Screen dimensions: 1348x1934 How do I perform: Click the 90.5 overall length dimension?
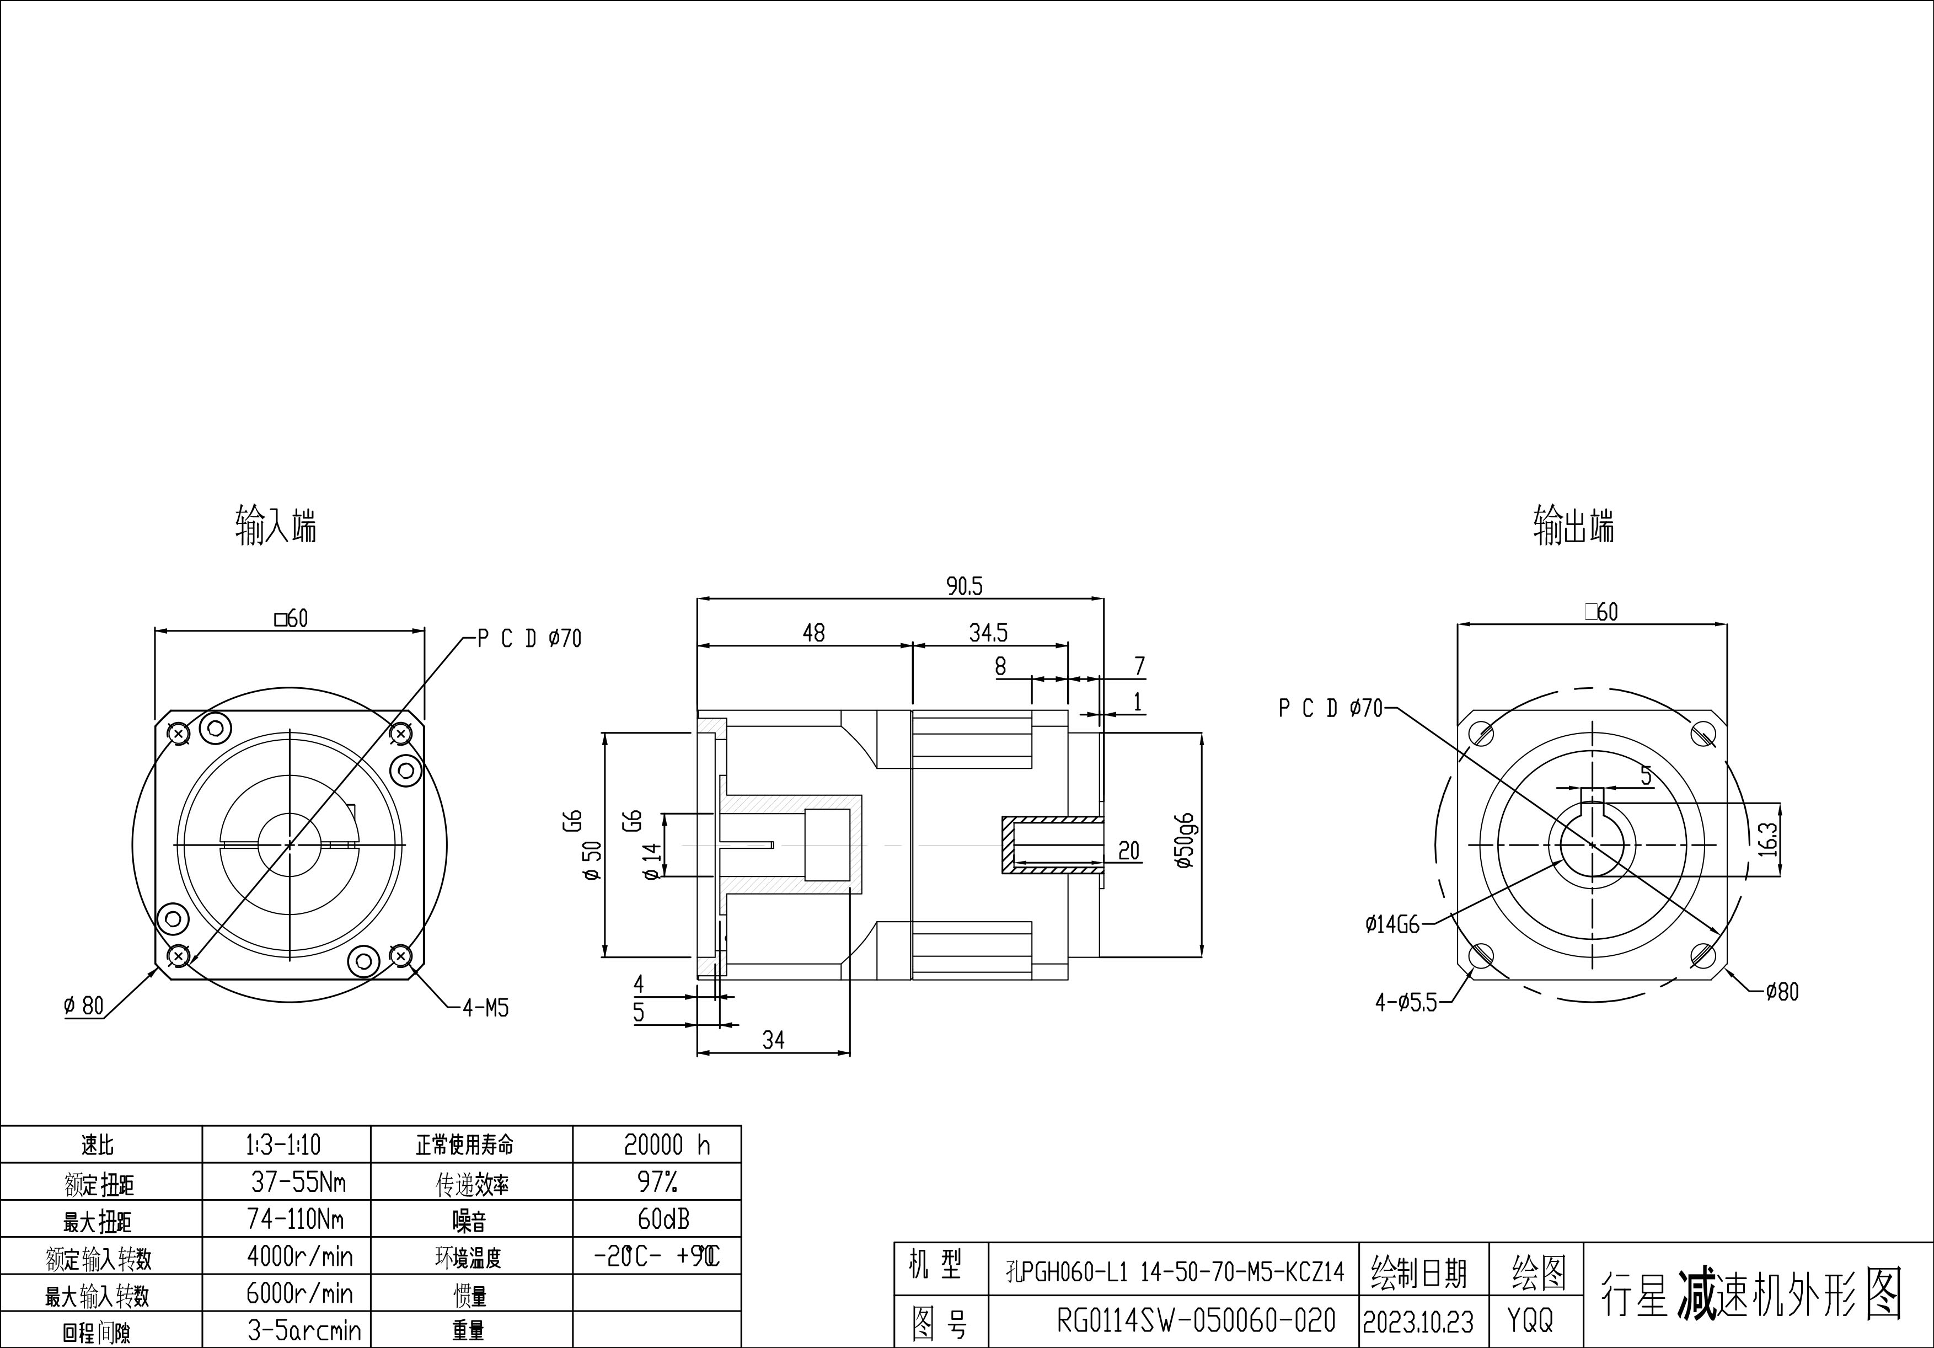[965, 586]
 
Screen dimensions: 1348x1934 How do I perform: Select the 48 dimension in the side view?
[814, 633]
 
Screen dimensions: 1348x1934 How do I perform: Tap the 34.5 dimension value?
[988, 633]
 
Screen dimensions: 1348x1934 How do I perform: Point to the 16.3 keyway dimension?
[1768, 839]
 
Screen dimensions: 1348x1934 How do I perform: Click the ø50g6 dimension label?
[1185, 841]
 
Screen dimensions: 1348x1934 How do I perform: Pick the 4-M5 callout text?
[486, 1008]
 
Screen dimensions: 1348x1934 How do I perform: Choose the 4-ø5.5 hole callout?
[1406, 1003]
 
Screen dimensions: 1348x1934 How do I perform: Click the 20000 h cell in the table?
[666, 1145]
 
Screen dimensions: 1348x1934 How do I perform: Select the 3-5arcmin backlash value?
[304, 1330]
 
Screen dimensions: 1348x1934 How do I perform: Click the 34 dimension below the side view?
[773, 1040]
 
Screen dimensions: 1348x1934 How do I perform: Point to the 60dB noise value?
[664, 1218]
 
